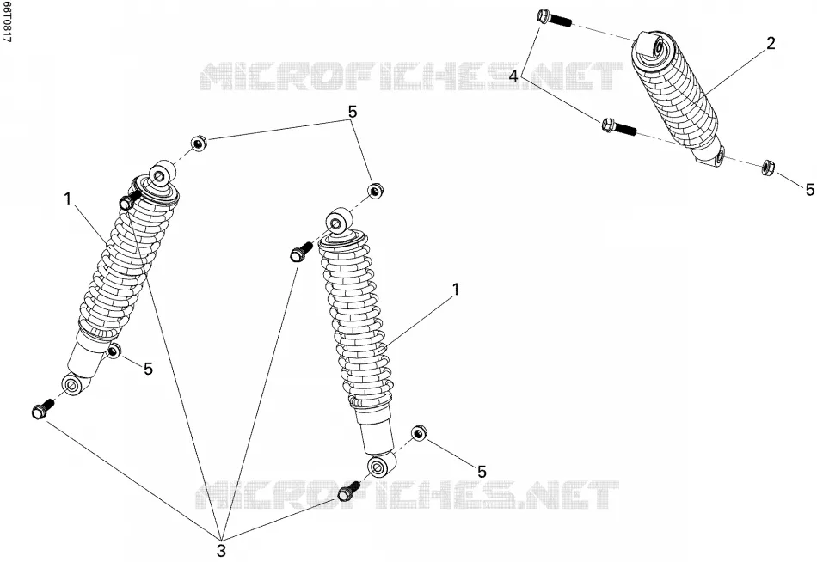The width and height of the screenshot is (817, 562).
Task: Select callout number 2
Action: [x=771, y=43]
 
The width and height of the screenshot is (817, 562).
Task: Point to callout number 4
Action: [x=513, y=76]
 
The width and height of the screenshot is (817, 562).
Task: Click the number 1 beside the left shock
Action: [x=68, y=199]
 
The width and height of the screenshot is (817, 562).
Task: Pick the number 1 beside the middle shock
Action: [x=456, y=290]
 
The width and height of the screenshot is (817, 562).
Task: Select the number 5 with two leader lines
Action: [x=353, y=112]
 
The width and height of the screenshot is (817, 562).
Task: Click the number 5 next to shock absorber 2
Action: [x=810, y=190]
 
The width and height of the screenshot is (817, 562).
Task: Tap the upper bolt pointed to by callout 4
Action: [x=554, y=19]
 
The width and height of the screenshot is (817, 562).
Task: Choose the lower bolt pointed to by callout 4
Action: [x=619, y=126]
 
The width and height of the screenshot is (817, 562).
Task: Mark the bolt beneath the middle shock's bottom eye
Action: [x=348, y=491]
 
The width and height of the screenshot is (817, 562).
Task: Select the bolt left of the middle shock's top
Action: [x=301, y=251]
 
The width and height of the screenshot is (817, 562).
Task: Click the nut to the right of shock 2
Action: [x=767, y=167]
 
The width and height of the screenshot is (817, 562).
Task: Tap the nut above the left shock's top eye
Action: [x=198, y=143]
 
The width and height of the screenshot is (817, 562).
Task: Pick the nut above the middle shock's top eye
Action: [x=374, y=190]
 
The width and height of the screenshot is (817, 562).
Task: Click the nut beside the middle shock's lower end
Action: [x=420, y=433]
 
